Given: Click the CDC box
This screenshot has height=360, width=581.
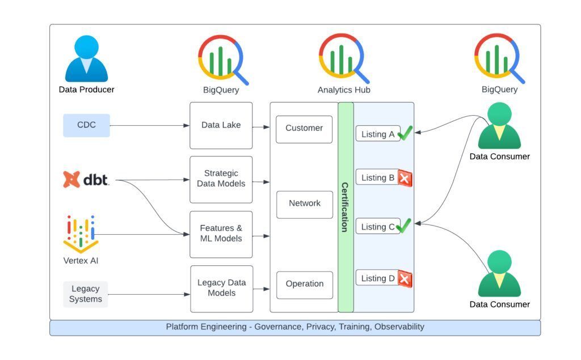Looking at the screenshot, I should point(86,125).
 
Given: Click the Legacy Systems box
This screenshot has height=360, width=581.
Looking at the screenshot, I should point(86,294).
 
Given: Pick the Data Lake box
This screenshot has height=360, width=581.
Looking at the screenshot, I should point(221,125).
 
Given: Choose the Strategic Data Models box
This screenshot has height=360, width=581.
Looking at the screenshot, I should point(221,179).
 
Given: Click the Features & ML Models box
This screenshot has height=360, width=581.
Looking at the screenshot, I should point(221,234).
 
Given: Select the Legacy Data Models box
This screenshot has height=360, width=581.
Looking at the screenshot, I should point(221,288).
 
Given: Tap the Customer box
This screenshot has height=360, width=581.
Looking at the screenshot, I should point(304,129).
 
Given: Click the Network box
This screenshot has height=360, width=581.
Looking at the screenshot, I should point(305,204).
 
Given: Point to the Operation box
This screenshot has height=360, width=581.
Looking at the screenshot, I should point(305,285).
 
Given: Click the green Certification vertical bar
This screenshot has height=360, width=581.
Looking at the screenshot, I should point(346,207).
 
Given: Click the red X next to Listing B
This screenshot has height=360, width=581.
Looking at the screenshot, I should point(405,179).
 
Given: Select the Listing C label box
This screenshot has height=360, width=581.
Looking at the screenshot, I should point(378,227).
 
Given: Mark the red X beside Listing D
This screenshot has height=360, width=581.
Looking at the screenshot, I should point(405,279).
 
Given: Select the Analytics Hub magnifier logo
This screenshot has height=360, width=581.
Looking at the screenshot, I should point(344,58).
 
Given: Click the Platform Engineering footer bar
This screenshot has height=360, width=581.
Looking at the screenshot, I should point(295,327).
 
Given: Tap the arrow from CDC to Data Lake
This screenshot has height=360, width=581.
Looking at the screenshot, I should point(150,125).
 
